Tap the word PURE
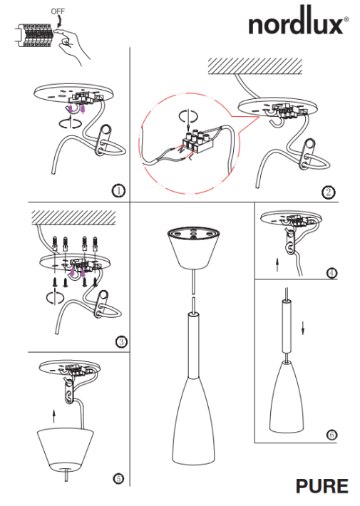click(323, 487)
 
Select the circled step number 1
click(118, 190)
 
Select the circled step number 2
click(329, 192)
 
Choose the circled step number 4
click(331, 272)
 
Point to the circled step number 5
click(118, 477)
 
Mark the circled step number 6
click(331, 434)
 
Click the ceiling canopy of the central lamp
click(194, 247)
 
